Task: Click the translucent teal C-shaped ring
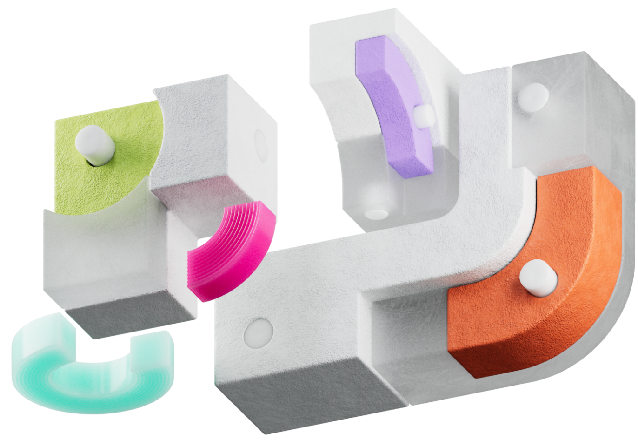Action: coord(88,372)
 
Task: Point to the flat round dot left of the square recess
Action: coord(258,332)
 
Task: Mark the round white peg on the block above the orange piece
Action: coord(534,97)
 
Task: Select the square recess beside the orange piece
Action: coord(409,326)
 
